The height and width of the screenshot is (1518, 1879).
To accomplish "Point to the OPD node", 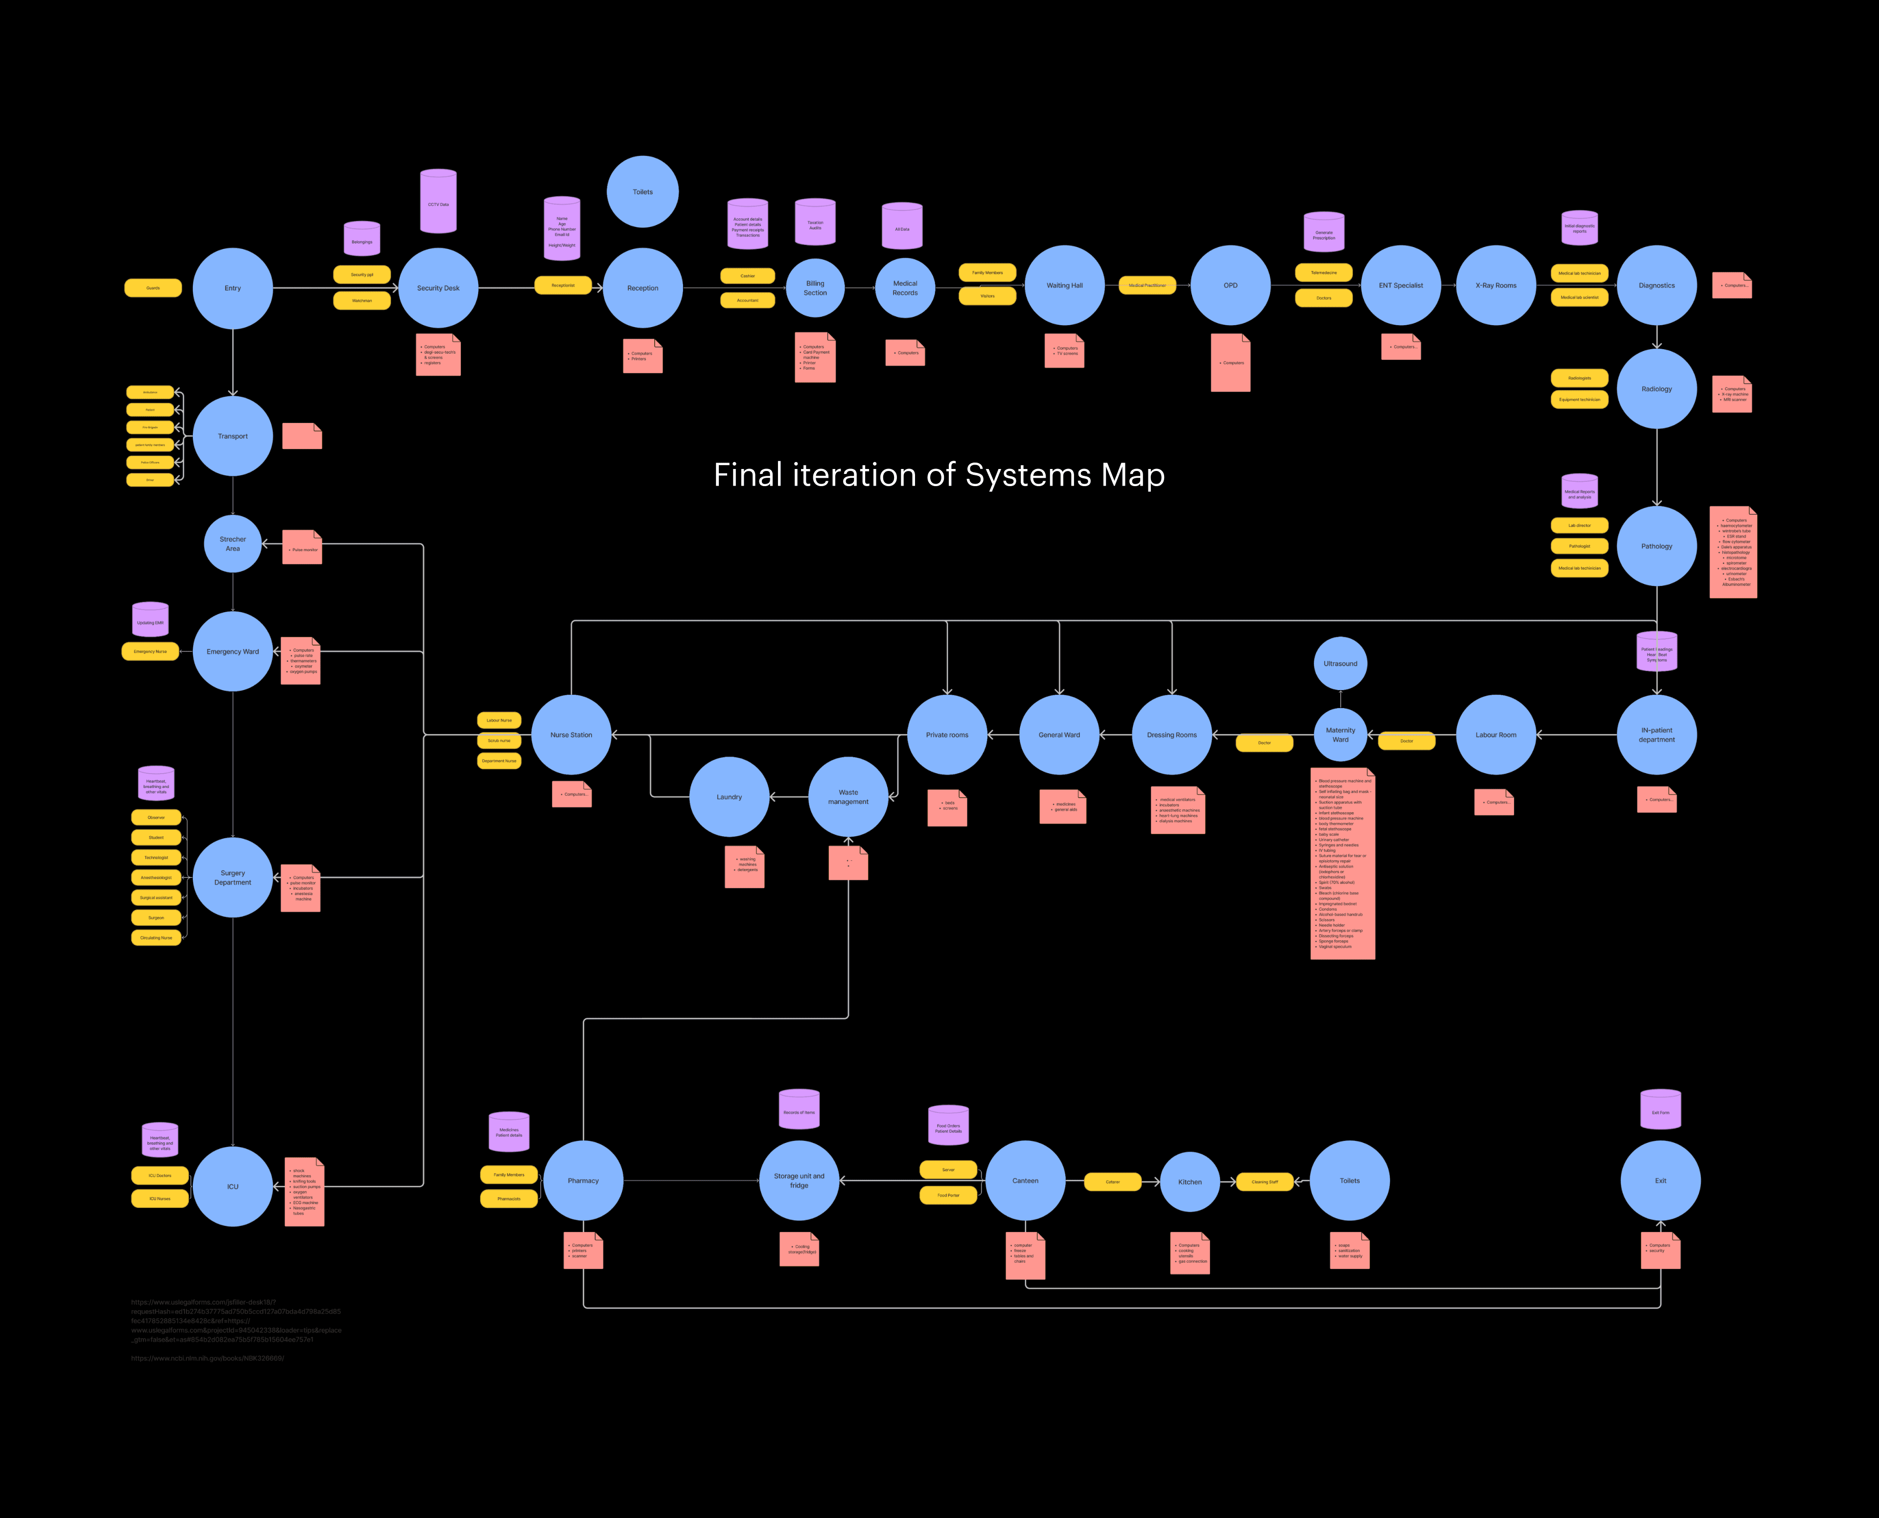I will [x=1230, y=285].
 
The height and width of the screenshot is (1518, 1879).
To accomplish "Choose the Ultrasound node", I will [x=1340, y=664].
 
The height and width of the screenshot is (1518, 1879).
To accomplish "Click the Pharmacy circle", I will [x=583, y=1181].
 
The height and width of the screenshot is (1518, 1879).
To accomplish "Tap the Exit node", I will [x=1660, y=1181].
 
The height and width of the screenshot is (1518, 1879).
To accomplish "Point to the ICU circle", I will [x=233, y=1186].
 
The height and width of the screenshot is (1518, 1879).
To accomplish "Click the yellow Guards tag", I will [x=153, y=288].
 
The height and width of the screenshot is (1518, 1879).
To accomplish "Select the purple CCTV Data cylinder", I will [x=438, y=203].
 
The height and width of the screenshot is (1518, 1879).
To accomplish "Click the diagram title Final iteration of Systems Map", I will [x=939, y=475].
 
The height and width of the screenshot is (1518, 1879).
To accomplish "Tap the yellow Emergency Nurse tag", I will [x=150, y=651].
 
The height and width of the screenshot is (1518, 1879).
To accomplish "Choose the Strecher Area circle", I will [x=233, y=544].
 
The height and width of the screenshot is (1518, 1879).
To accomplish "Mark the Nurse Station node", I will [x=571, y=735].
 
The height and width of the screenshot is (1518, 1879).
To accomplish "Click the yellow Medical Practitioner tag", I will [x=1147, y=285].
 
